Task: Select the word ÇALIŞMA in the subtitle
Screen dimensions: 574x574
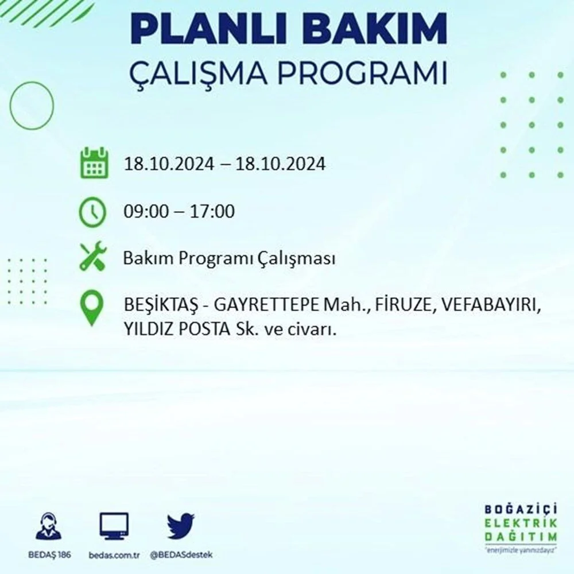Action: [198, 73]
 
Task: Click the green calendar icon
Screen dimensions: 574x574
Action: [94, 163]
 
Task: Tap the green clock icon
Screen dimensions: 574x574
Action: [92, 212]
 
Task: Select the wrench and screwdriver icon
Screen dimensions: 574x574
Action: [93, 256]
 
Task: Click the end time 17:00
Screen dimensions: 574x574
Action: [212, 212]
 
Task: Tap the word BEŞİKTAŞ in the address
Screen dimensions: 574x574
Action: [161, 305]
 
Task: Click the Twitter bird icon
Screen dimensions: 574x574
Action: [181, 526]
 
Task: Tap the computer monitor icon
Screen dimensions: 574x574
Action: [114, 526]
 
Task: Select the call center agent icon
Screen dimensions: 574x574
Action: [49, 526]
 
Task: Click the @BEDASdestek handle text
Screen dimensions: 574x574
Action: [181, 555]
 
